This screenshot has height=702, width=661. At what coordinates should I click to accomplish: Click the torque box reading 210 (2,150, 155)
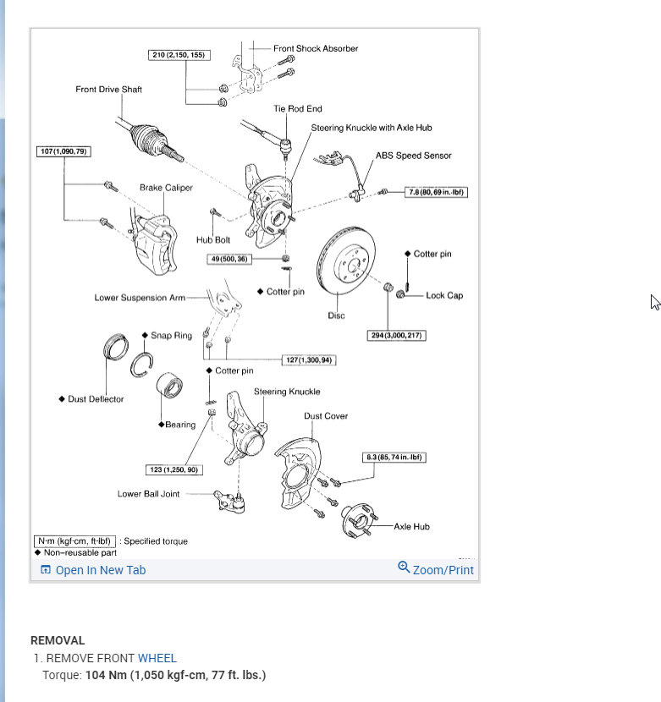coord(178,55)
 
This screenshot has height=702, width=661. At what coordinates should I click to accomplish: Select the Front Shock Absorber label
coord(315,48)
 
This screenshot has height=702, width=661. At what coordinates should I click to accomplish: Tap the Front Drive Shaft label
coord(108,90)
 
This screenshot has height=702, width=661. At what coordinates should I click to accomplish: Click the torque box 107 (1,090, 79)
coord(64,151)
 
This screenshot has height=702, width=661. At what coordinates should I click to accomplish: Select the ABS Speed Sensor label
coord(413,156)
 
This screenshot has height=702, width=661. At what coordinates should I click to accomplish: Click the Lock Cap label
coord(443,295)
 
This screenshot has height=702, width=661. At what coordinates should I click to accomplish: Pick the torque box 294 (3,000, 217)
coord(397,336)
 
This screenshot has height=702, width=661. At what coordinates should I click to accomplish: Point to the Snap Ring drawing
coord(142,365)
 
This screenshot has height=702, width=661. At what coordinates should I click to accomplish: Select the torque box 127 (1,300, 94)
coord(310,360)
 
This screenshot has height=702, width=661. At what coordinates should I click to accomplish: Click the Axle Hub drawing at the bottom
coord(356,521)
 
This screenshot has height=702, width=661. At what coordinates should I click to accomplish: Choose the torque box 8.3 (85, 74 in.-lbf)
coord(393,458)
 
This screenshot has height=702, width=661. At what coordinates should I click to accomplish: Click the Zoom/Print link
coord(436,569)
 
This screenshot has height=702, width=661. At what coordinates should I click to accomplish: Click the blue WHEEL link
coord(157,658)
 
